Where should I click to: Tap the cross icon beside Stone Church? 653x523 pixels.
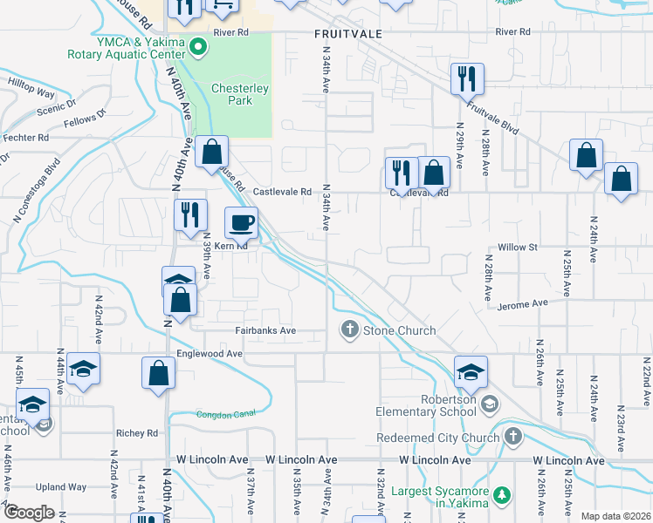[x=349, y=329]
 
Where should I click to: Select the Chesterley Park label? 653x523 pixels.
[x=232, y=94]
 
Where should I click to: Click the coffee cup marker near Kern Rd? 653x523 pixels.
[x=241, y=223]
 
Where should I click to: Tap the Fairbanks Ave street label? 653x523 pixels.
[x=266, y=331]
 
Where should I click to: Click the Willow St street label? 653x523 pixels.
[x=518, y=248]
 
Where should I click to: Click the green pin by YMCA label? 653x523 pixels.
[x=199, y=47]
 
